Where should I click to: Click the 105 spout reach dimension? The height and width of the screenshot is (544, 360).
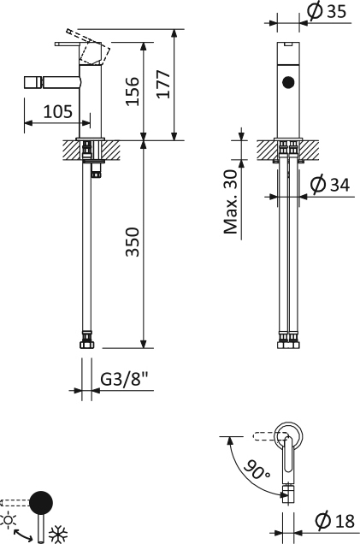[x=58, y=111]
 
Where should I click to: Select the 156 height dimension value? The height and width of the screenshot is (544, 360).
[x=133, y=92]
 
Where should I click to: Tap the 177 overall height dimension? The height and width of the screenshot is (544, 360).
[x=163, y=84]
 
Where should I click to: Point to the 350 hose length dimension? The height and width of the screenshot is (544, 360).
[x=133, y=242]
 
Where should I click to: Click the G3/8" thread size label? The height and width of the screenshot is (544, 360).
[x=125, y=379]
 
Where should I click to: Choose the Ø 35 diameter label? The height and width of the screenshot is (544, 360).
[x=327, y=11]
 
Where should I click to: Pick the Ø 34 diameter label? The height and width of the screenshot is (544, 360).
[x=330, y=184]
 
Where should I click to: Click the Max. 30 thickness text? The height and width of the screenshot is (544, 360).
[x=231, y=202]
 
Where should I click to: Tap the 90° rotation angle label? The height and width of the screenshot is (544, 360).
[x=257, y=470]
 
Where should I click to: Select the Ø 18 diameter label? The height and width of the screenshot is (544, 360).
[x=335, y=520]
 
